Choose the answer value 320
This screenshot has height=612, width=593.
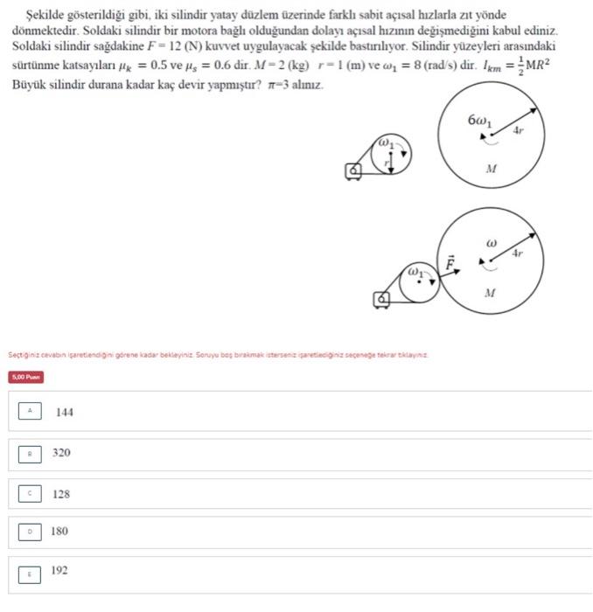[x=61, y=453]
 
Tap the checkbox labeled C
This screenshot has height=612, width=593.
[x=30, y=493]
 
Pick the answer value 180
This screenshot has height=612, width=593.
[x=59, y=531]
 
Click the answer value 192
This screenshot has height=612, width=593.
[x=59, y=570]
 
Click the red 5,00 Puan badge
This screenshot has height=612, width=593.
[x=26, y=377]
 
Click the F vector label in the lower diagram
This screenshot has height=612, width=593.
[x=451, y=261]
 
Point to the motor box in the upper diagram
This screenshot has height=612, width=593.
[x=354, y=171]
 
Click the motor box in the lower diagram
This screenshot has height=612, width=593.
[x=382, y=300]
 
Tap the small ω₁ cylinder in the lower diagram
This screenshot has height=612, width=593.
[x=420, y=278]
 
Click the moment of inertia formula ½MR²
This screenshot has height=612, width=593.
[x=532, y=66]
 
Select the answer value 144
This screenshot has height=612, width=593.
[x=64, y=412]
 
